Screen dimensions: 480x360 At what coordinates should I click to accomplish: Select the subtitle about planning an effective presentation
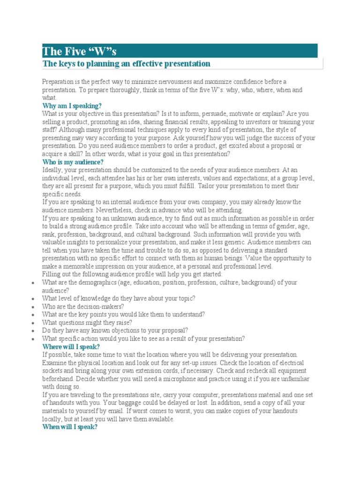(126, 63)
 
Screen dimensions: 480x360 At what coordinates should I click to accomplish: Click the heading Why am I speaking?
(72, 106)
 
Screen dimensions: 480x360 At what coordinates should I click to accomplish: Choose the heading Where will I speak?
(71, 346)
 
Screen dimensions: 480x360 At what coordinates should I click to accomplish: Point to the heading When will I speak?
(70, 427)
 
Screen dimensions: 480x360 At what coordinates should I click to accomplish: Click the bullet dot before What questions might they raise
(31, 323)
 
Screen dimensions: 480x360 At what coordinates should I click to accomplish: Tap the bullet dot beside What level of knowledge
(31, 299)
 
